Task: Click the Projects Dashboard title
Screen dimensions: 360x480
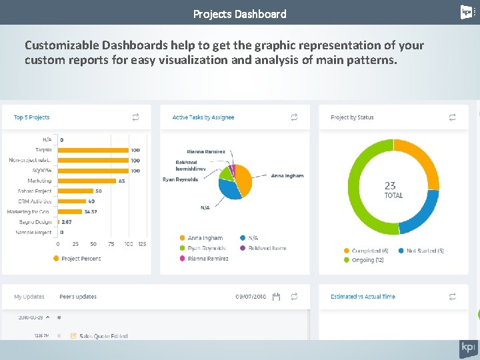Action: (239, 13)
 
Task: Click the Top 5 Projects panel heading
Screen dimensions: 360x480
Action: (31, 117)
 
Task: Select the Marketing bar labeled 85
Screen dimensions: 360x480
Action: (87, 181)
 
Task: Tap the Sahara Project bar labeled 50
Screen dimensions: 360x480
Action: (75, 191)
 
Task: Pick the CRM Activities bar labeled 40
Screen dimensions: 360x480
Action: (72, 201)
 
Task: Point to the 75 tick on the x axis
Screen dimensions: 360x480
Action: (111, 244)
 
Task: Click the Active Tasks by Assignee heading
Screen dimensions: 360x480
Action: (203, 117)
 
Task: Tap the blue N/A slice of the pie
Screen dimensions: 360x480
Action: (229, 189)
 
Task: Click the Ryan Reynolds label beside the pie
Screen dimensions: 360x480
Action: (180, 179)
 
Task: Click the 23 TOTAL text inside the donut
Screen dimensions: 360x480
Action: (393, 190)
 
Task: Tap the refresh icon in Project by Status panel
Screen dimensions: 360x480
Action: (452, 117)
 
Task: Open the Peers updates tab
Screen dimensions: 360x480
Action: (77, 297)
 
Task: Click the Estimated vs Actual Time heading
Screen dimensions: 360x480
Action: (363, 297)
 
